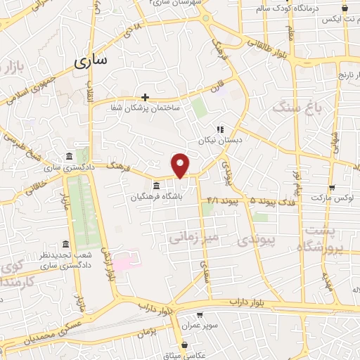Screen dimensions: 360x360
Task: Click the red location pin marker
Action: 181,165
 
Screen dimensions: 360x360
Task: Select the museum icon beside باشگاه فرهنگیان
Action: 155,186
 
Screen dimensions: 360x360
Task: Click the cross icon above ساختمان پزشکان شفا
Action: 145,97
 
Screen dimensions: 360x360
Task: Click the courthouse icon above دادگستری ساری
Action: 68,156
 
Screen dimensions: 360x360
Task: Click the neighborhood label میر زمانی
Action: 194,238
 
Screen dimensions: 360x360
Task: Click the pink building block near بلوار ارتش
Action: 123,262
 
